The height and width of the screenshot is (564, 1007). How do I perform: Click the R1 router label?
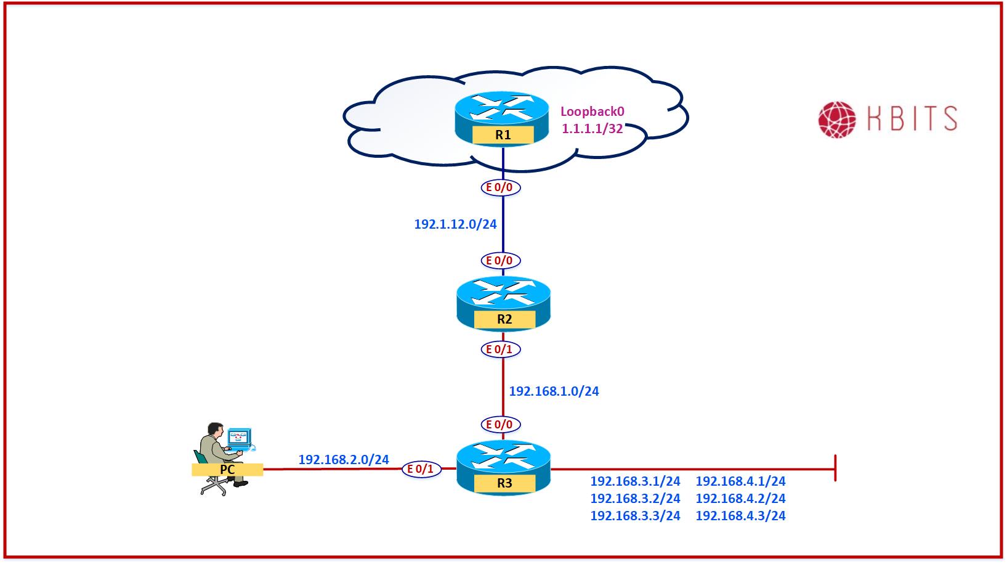click(503, 135)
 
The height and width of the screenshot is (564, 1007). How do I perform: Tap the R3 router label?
click(504, 483)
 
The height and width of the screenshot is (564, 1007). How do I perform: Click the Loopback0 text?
click(592, 112)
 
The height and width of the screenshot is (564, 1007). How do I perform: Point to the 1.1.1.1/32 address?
click(592, 129)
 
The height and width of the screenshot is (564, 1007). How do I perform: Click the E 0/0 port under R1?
click(500, 187)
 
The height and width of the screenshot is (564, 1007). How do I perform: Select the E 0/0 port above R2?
click(500, 261)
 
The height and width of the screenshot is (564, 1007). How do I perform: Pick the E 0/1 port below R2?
click(500, 349)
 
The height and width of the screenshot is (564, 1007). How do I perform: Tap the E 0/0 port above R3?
click(500, 425)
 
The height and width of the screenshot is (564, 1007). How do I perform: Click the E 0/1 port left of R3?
click(422, 470)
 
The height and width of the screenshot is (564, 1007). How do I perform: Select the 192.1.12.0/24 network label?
click(455, 224)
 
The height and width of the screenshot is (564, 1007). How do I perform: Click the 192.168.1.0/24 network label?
click(554, 391)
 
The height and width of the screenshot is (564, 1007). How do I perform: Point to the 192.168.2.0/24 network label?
click(344, 460)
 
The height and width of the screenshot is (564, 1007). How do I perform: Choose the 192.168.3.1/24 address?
click(635, 481)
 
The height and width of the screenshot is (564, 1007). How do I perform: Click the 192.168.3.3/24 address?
click(635, 516)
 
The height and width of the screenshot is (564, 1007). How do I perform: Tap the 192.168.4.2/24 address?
click(740, 499)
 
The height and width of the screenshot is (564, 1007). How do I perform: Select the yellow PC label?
click(227, 470)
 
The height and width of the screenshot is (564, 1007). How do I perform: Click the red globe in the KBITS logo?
click(837, 120)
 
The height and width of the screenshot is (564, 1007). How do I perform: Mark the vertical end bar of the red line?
click(835, 468)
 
